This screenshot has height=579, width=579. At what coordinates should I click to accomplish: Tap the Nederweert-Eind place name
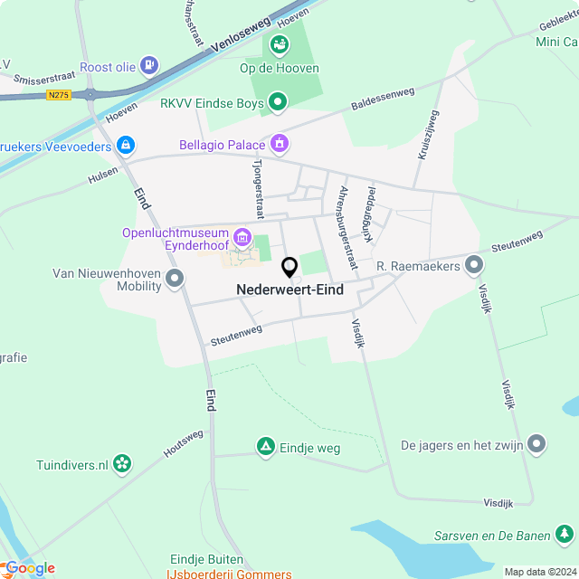(x=289, y=290)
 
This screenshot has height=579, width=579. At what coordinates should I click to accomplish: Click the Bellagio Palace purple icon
(x=280, y=144)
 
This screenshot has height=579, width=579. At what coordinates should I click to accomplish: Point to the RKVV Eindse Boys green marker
(x=278, y=102)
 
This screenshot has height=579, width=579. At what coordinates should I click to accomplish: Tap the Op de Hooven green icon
(x=279, y=43)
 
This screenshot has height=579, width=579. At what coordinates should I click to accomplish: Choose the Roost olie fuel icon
(x=149, y=65)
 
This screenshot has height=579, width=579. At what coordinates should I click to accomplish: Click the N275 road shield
(x=59, y=94)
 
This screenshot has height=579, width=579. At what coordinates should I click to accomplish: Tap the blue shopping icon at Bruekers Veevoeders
(x=125, y=145)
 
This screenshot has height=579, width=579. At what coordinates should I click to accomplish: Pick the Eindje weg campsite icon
(x=265, y=447)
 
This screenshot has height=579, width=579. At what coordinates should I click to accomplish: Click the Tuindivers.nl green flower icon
(x=122, y=465)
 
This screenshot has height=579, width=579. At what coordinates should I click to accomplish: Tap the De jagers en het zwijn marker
(x=537, y=443)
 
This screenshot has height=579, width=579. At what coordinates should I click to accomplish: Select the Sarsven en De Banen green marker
(x=564, y=535)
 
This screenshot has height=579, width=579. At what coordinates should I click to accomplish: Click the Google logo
(x=29, y=567)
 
